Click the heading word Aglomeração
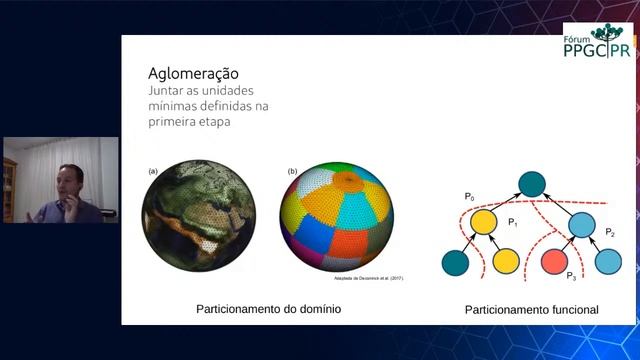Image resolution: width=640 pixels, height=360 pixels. coord(193,73)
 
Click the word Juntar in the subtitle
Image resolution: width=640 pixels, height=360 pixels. coord(167,90)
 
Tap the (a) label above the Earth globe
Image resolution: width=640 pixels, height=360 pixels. coord(153,171)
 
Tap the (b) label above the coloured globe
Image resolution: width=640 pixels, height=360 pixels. coord(292,171)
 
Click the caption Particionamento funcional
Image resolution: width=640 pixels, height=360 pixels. coord(531,310)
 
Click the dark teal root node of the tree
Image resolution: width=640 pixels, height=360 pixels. coord(532,185)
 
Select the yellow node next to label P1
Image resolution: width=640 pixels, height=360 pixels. coord(484,222)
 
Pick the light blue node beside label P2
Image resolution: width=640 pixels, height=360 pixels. coord(582,223)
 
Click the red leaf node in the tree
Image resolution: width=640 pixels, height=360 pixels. coord(557,262)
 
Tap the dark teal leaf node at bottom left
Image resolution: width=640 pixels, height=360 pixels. coord(456,262)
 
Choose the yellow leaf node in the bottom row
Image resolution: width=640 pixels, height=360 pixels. coord(506,262)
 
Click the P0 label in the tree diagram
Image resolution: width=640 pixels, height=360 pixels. coord(469,197)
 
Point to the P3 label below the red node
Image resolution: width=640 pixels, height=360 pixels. coord(571,276)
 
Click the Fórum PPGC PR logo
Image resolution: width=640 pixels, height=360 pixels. coord(597,45)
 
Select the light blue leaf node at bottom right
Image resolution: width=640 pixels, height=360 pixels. coord(608,262)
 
